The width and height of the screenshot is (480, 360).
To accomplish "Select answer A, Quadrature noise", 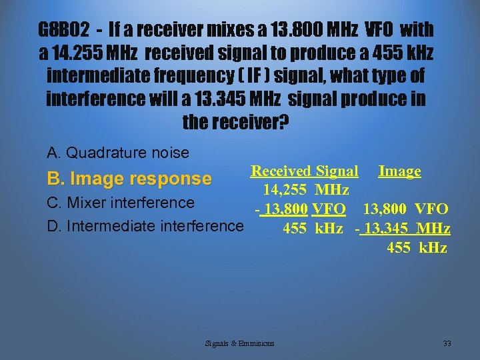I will [x=119, y=153].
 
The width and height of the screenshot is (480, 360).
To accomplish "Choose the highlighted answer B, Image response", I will [x=129, y=179].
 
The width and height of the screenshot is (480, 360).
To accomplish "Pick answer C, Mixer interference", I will [x=121, y=202].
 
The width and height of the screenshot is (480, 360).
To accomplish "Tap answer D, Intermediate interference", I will [x=145, y=226].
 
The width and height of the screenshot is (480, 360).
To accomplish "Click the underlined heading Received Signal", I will [x=304, y=171].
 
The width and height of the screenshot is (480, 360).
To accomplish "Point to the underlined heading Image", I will [x=399, y=171].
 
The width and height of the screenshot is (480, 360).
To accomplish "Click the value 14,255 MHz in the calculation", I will [x=306, y=191].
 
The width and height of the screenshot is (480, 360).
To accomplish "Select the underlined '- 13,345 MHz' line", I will [x=404, y=229].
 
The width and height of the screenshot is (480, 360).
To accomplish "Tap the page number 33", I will [x=447, y=343].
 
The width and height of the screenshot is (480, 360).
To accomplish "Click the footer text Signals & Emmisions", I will [x=240, y=343].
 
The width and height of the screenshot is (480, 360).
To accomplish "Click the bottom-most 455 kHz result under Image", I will [x=417, y=249].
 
